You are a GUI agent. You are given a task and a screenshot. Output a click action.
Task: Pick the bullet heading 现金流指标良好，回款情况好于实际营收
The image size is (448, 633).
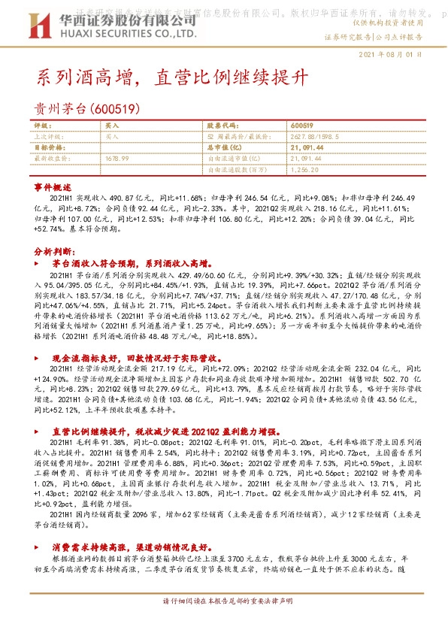(x=145, y=359)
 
